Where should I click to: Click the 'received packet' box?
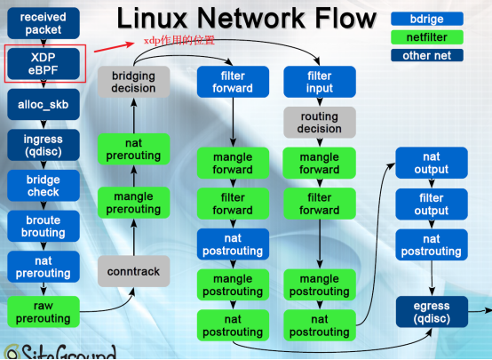tap(43, 23)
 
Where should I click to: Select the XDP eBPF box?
tap(43, 63)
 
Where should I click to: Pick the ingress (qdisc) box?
tap(43, 144)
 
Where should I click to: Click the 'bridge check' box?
tap(43, 185)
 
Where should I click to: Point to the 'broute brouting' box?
tap(43, 226)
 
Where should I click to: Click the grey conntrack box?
tap(134, 270)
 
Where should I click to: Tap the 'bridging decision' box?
tap(133, 83)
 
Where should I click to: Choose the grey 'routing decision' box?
tap(319, 123)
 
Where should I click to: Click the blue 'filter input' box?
tap(319, 83)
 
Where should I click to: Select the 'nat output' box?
tap(431, 164)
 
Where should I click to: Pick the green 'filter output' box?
tap(431, 204)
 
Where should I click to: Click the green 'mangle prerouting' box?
tap(134, 203)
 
